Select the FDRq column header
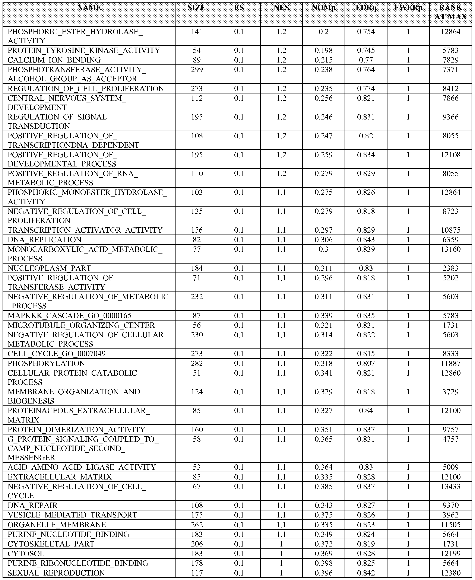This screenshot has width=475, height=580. point(366,8)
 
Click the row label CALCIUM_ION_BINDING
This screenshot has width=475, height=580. point(54,60)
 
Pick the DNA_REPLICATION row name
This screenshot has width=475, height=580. point(45,240)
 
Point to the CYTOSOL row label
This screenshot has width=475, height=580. point(26,554)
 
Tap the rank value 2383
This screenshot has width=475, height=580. point(450,268)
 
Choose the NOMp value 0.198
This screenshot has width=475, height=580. point(323,50)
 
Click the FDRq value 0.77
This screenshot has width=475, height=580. point(366,60)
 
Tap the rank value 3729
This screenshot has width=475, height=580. point(450,392)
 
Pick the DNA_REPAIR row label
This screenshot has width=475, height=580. point(33,505)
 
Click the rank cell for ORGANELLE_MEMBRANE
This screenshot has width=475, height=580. point(450,525)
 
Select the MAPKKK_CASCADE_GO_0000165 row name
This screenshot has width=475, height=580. point(70,316)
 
